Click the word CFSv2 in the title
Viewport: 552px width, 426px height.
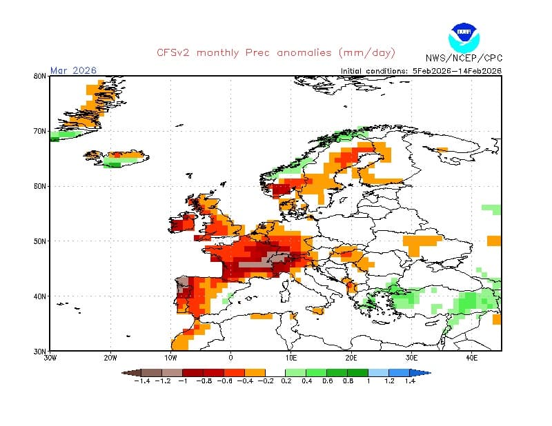click(x=173, y=52)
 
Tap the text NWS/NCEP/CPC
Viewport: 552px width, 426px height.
click(x=464, y=59)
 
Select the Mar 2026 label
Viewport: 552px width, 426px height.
click(x=74, y=70)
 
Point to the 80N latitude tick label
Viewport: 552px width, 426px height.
click(x=40, y=77)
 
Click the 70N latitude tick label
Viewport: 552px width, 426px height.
click(x=40, y=131)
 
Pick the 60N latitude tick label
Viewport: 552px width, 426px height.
click(x=40, y=186)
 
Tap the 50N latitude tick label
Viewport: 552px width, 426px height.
click(x=40, y=241)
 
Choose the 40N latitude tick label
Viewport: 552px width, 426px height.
click(x=40, y=296)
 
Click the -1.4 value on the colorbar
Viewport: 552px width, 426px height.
click(x=143, y=381)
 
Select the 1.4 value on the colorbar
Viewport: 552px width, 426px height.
click(x=409, y=381)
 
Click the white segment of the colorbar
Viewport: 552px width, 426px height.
click(x=276, y=372)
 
